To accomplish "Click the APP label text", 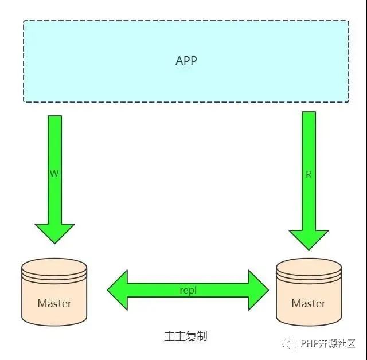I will click(x=186, y=60).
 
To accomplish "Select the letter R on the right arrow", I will click(x=309, y=174).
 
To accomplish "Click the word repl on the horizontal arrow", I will click(x=188, y=290).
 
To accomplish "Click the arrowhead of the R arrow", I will click(x=309, y=237).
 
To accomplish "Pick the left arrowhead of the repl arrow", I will click(x=118, y=290).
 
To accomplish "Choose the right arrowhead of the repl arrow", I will click(x=258, y=290).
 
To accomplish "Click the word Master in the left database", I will click(x=54, y=303).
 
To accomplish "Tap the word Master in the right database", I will click(x=309, y=303).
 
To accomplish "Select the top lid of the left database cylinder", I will click(x=54, y=267).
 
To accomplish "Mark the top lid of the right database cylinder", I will click(x=309, y=267).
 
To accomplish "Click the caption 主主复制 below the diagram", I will click(x=185, y=335).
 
